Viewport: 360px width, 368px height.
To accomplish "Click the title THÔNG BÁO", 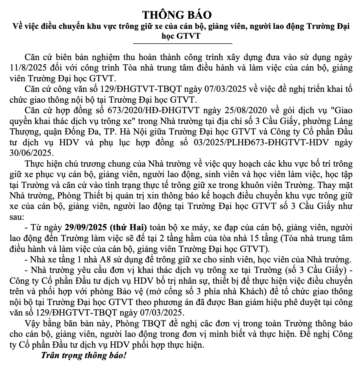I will (177, 15).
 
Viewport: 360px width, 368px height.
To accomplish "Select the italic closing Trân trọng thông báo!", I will (83, 356).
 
